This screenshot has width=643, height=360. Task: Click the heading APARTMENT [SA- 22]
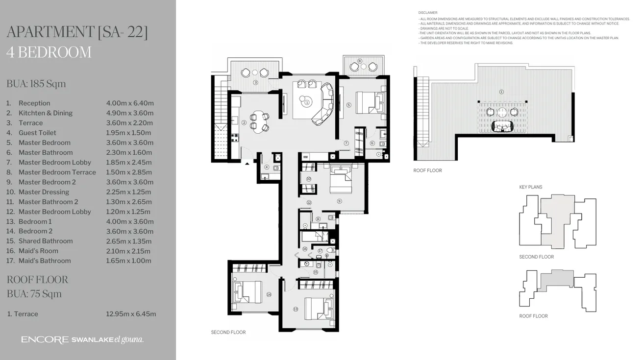[x=77, y=32]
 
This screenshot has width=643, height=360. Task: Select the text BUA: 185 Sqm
[x=36, y=84]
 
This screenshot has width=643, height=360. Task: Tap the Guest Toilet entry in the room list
[x=37, y=133]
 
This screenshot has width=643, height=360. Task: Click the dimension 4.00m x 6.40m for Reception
[x=130, y=103]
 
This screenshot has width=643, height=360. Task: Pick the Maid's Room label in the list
[x=38, y=251]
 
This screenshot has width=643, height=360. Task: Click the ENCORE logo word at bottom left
[x=45, y=340]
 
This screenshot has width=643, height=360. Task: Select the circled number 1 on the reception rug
[x=307, y=102]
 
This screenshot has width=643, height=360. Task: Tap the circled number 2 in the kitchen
[x=244, y=122]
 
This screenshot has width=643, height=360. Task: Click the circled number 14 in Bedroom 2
[x=269, y=294]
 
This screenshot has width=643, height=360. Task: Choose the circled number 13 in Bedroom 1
[x=296, y=309]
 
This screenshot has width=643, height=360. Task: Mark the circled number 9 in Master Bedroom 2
[x=339, y=200]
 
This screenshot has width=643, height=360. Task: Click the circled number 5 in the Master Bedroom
[x=348, y=105]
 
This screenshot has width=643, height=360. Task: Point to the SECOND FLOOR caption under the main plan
[x=228, y=332]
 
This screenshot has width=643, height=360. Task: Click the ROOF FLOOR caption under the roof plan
[x=427, y=170]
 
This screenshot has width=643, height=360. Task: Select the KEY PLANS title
[x=531, y=187]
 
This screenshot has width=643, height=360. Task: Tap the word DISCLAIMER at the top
[x=428, y=12]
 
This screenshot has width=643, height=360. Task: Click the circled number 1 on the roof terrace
[x=501, y=92]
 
